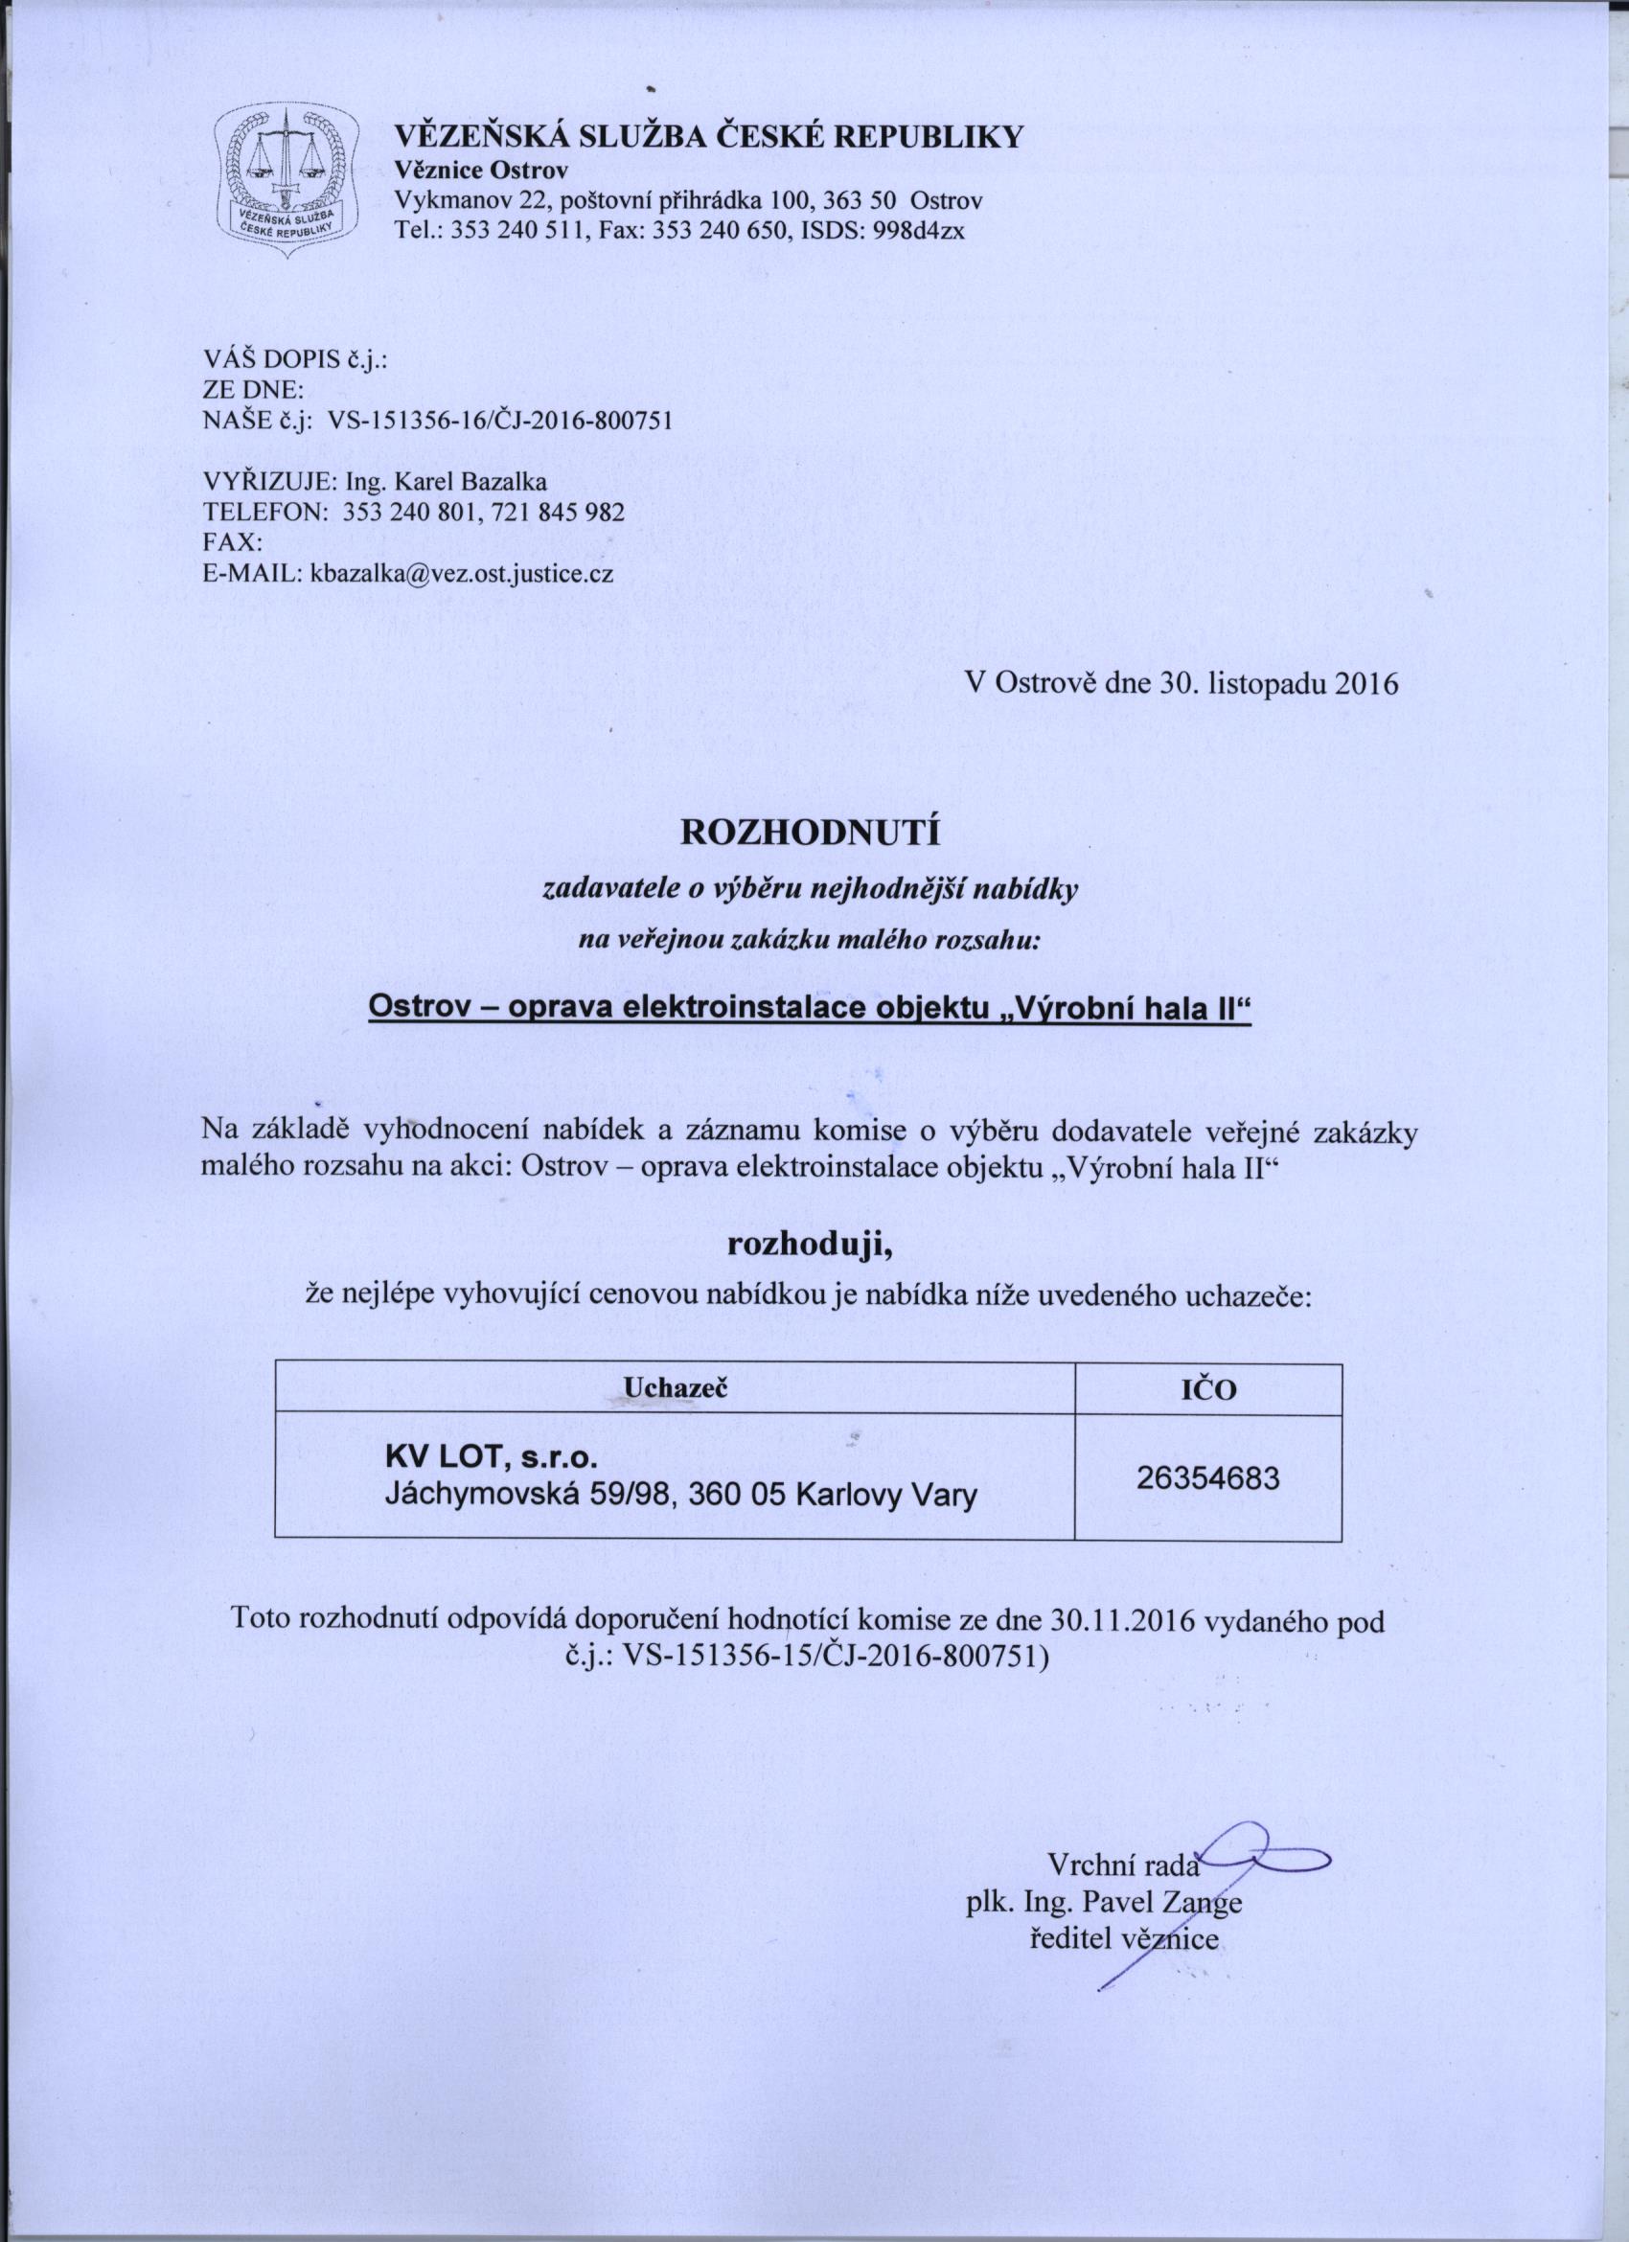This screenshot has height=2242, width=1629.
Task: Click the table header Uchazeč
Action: (676, 1389)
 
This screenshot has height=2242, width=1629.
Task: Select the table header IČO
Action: (1208, 1391)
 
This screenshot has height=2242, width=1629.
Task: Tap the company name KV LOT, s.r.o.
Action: (491, 1458)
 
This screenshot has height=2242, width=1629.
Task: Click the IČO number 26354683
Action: (1208, 1477)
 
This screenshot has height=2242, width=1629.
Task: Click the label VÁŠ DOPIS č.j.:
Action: (294, 360)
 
